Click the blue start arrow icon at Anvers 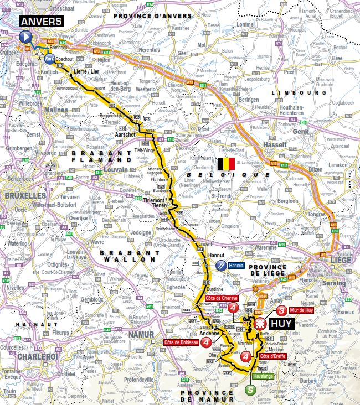coord(25,37)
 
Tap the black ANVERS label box coord(42,22)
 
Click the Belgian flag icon coord(225,164)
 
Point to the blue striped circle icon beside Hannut coord(222,266)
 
